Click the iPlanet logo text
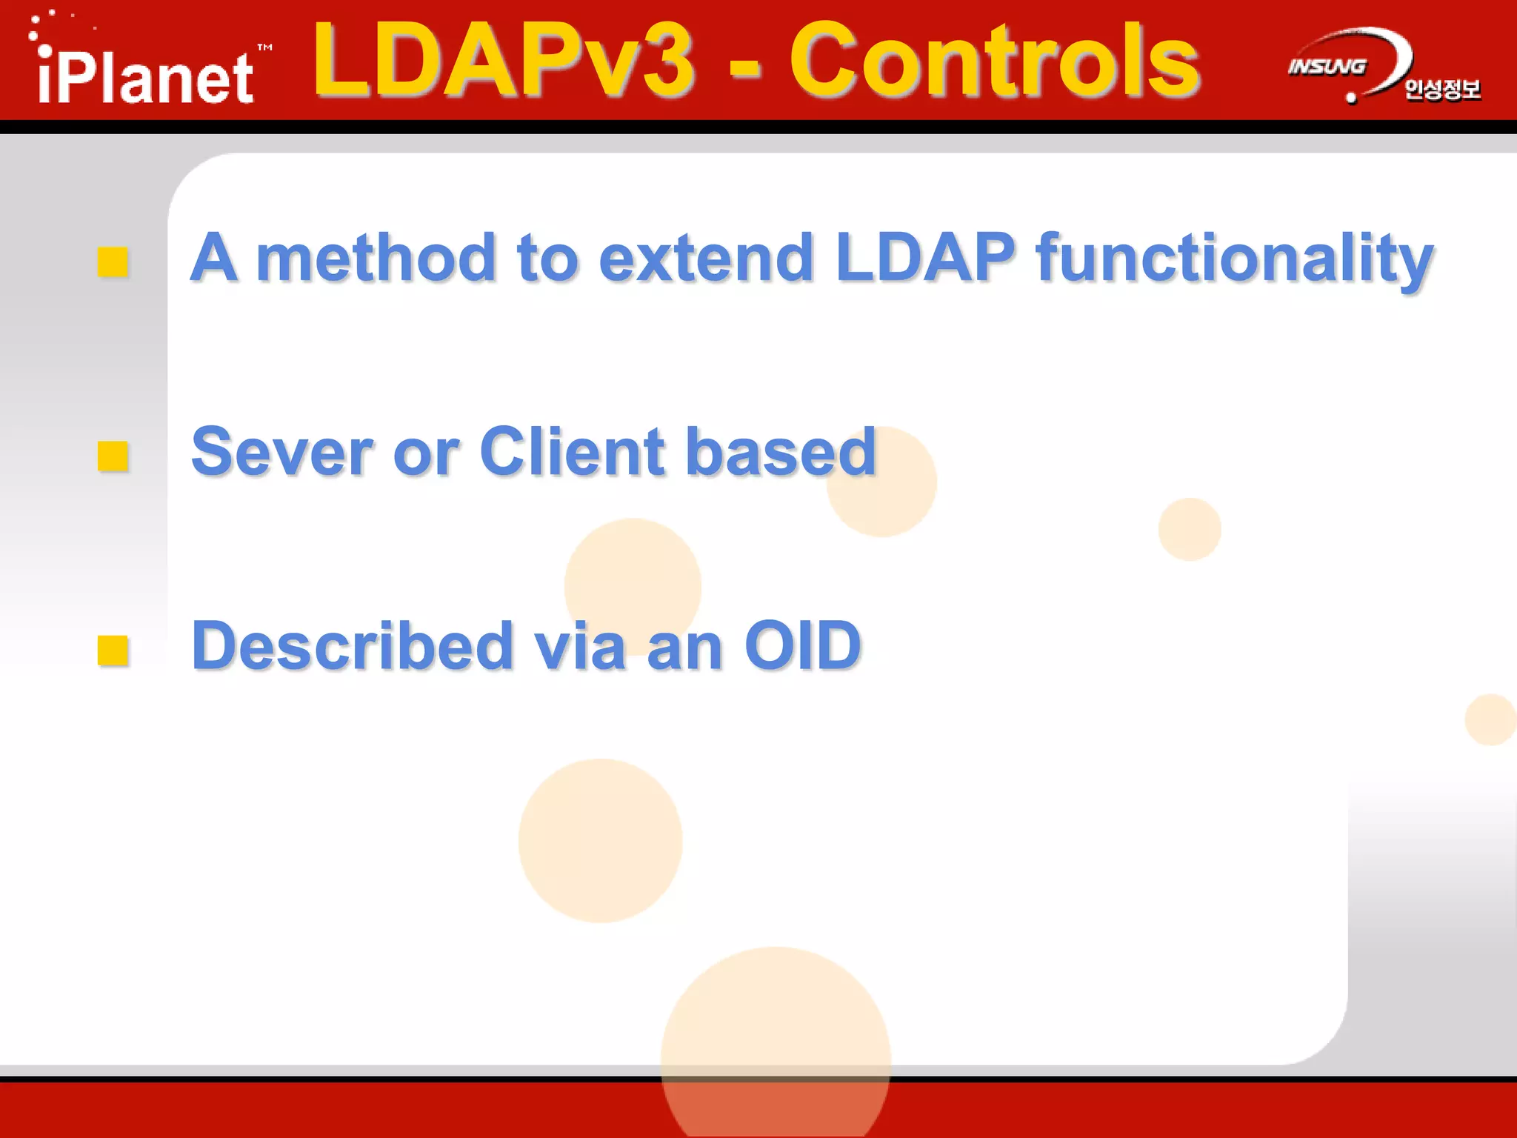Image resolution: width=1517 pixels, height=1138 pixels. [x=145, y=77]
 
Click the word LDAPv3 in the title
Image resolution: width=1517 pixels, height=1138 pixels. [x=504, y=61]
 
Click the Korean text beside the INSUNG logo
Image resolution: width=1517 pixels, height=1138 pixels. [x=1441, y=90]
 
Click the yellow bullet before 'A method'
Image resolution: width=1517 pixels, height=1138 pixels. [x=113, y=262]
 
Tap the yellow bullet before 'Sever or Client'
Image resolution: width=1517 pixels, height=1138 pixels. [x=113, y=456]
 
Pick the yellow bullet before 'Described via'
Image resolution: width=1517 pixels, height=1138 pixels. [x=113, y=650]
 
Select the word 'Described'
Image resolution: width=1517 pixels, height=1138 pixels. [x=353, y=646]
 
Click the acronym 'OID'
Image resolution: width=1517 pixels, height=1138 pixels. [x=803, y=646]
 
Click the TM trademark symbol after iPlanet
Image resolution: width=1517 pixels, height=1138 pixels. [x=264, y=47]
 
